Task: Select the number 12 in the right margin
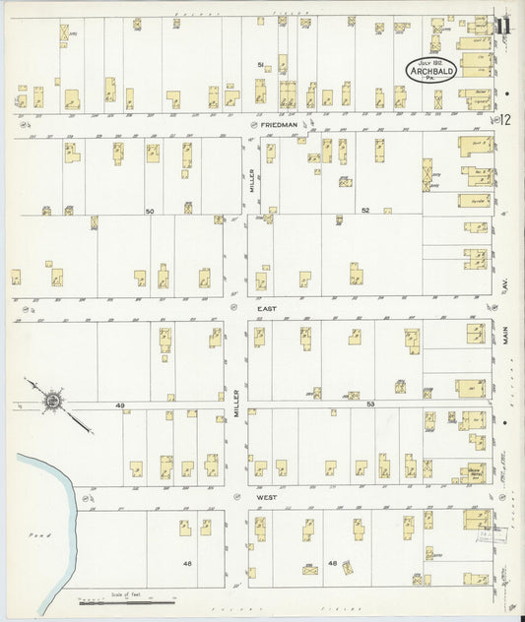(x=505, y=120)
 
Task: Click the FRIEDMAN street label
(x=281, y=126)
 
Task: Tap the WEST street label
(x=265, y=498)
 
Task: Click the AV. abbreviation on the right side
(x=509, y=285)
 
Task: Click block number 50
(x=150, y=212)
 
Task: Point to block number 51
(x=261, y=65)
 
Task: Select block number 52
(x=364, y=211)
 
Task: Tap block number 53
(x=370, y=404)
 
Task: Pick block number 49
(x=120, y=405)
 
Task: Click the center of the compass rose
(x=51, y=402)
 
